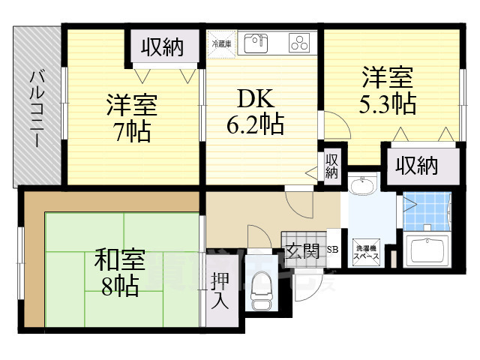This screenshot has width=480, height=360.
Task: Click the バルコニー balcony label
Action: [x=38, y=109]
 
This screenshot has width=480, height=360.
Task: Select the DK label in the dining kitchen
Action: [x=255, y=99]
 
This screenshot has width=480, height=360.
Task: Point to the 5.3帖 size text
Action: [x=387, y=103]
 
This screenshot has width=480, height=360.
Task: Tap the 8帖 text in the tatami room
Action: [x=118, y=286]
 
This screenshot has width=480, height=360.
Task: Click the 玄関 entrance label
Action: [x=305, y=250]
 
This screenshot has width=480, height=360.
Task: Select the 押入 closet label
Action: [x=218, y=289]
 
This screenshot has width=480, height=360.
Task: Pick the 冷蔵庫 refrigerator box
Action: [x=222, y=43]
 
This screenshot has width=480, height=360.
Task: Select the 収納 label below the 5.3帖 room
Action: [x=417, y=165]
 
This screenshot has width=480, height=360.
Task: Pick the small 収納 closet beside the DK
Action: [x=331, y=166]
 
